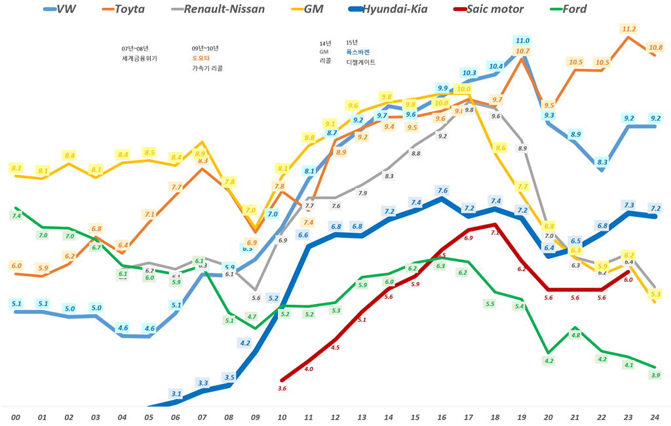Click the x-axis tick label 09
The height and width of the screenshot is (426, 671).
[x=256, y=417]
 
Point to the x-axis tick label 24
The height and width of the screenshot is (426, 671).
[x=655, y=417]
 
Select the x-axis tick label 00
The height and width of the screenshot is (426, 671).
[x=16, y=417]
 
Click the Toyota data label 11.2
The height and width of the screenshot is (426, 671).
[x=629, y=29]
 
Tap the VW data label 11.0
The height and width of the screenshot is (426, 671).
[x=522, y=40]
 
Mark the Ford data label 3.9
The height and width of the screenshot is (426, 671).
[x=655, y=375]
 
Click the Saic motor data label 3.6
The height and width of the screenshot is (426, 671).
[x=282, y=389]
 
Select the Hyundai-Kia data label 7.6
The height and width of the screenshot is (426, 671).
[x=442, y=191]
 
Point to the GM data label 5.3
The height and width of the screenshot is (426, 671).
[x=655, y=294]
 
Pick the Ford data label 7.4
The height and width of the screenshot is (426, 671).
[x=16, y=216]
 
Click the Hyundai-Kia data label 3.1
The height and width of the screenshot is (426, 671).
[x=176, y=394]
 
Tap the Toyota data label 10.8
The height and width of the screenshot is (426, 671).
[x=655, y=47]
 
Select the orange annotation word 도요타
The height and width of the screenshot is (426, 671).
[x=200, y=58]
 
